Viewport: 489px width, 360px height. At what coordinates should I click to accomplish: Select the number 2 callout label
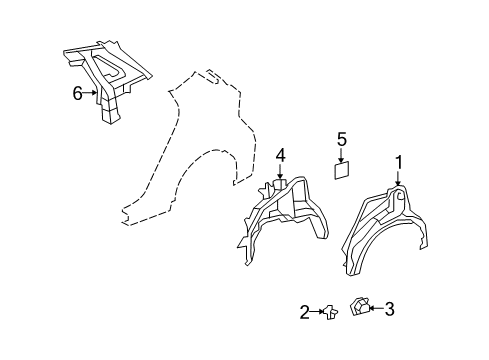coord(304,313)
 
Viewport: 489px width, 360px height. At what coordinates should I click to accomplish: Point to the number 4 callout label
coord(281,155)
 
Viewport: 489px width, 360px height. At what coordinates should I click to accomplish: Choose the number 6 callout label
coord(77,95)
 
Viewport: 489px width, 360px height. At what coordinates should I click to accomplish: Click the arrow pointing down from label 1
coord(398,176)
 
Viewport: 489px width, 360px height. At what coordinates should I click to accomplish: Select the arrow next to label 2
coord(316,313)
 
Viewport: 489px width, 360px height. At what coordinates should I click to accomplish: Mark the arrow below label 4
coord(281,172)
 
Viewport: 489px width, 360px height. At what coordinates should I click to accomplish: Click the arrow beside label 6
coord(91,95)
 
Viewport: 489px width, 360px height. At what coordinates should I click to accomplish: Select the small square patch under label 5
coord(341,170)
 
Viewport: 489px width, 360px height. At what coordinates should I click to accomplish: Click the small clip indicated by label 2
coord(328,313)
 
